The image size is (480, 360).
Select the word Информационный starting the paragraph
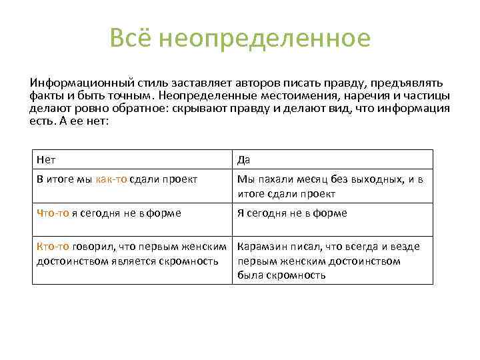point(71,83)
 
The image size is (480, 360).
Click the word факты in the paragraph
point(43,96)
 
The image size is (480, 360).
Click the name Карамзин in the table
point(261,247)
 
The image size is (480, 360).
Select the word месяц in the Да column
point(303,179)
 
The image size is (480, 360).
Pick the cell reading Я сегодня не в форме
point(292,213)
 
